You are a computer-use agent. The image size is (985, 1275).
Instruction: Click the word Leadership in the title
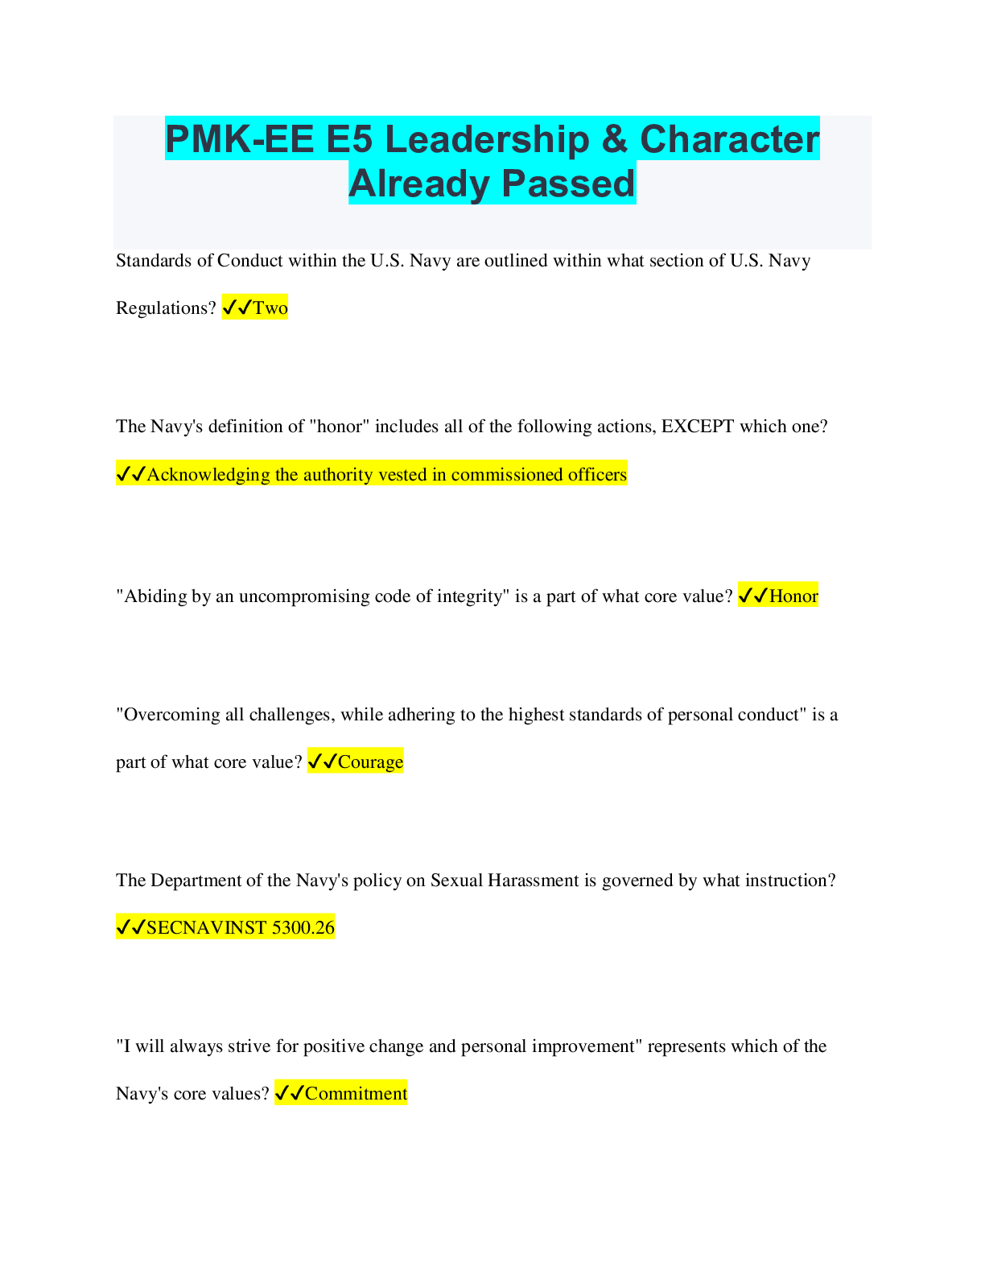[488, 140]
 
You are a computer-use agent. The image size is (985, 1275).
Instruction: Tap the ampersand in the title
[615, 139]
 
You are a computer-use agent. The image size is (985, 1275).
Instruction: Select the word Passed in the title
[568, 184]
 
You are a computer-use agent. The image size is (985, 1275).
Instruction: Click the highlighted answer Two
[270, 307]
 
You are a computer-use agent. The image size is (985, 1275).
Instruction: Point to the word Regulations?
[166, 308]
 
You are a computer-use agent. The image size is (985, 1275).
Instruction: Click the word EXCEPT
[698, 426]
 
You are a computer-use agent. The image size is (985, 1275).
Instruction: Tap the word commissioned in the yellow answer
[498, 474]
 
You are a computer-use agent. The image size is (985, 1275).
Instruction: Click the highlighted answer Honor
[793, 596]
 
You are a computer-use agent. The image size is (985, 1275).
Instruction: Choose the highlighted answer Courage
[370, 761]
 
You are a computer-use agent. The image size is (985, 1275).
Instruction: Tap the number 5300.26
[303, 927]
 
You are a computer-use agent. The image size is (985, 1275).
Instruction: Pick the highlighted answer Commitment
[356, 1093]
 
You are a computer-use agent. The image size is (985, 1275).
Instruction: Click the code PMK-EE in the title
[239, 140]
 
